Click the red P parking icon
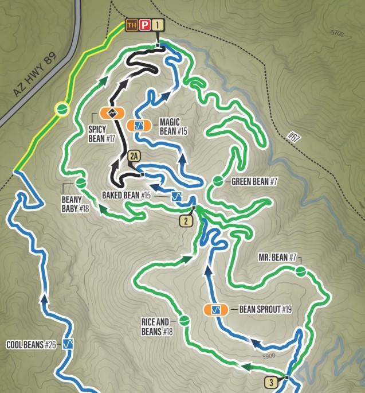pos(145,25)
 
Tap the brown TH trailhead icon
pos(132,25)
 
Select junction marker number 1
pos(158,25)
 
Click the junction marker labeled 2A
pos(135,156)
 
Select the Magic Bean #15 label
pos(174,126)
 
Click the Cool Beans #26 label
pos(31,345)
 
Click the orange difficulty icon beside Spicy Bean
pos(112,112)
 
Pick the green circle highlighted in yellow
pos(62,108)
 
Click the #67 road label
pos(294,137)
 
